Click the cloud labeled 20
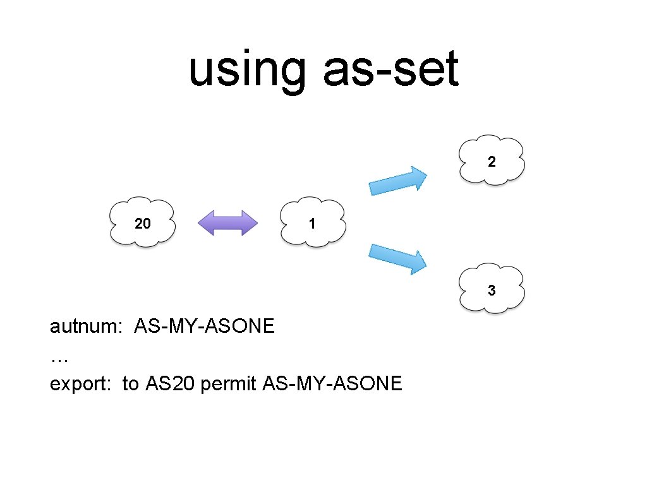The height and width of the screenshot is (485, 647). click(142, 222)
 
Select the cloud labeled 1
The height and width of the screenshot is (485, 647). click(312, 222)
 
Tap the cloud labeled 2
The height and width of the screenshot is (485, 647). click(492, 160)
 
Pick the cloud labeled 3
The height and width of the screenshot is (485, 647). click(492, 289)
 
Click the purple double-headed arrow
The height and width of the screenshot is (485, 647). click(228, 223)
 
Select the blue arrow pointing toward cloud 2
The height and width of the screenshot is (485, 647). click(399, 181)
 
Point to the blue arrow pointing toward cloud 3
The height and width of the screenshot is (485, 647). click(399, 258)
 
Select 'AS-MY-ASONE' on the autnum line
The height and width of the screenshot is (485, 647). click(204, 326)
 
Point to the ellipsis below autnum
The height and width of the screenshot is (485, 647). click(59, 357)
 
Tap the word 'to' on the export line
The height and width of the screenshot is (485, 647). click(130, 383)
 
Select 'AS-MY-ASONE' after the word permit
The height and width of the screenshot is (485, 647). click(331, 383)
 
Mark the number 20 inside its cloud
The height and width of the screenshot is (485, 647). click(143, 223)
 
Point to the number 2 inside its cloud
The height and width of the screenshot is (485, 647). click(492, 162)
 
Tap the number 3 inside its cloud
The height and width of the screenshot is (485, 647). click(492, 290)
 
